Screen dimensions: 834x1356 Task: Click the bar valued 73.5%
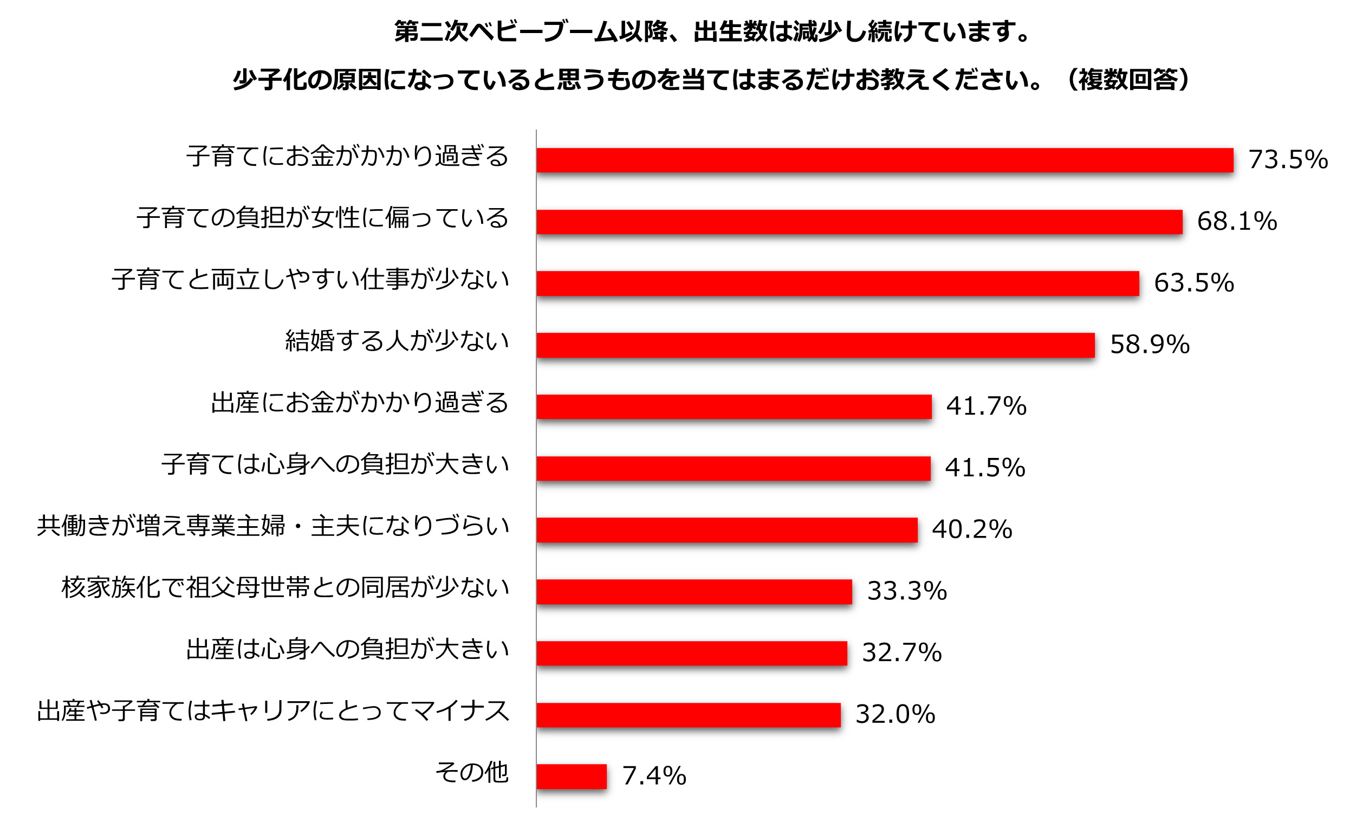pos(885,160)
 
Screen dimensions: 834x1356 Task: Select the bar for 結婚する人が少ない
pos(815,345)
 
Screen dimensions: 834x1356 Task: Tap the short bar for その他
pos(572,776)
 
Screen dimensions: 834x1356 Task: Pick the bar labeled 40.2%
pos(727,529)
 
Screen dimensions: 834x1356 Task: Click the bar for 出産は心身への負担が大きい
pos(691,653)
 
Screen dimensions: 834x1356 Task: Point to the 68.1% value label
pos(1236,222)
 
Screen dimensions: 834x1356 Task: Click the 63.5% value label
pos(1193,283)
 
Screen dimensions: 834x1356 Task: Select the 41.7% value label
pos(986,406)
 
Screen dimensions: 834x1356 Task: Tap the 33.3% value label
pos(906,591)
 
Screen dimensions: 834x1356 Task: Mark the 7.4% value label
pos(654,776)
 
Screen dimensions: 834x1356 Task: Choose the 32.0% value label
pos(895,714)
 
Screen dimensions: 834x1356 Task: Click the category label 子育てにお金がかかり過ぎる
pos(347,156)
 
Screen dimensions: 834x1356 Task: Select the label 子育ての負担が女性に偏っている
pos(322,218)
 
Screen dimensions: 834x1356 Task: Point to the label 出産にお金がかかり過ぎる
pos(360,403)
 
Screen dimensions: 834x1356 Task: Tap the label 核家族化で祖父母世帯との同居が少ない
pos(285,587)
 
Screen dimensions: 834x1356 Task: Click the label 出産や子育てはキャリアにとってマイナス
pos(273,710)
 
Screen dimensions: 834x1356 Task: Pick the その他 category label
pos(471,772)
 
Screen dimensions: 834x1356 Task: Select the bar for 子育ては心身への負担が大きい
pos(734,468)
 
